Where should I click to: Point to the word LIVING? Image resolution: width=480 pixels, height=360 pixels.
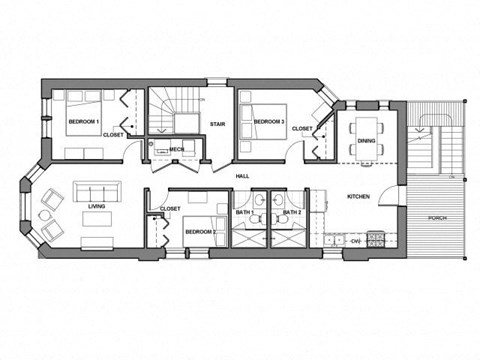pos(97,207)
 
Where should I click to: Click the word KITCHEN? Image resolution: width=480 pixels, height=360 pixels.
pos(358,197)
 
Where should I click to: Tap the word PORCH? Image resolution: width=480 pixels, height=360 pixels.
pos(437,217)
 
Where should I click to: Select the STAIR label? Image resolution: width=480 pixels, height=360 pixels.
pos(217,125)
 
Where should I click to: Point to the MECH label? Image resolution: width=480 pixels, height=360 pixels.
pos(176,150)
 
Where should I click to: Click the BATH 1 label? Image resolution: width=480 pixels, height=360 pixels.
pos(243,213)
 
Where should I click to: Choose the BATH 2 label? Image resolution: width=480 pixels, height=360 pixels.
pos(291,213)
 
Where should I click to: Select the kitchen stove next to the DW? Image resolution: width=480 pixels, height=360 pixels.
pos(376,240)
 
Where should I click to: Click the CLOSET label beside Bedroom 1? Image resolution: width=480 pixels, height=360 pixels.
pos(113,134)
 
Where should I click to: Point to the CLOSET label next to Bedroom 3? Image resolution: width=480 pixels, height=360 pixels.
pos(301,129)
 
